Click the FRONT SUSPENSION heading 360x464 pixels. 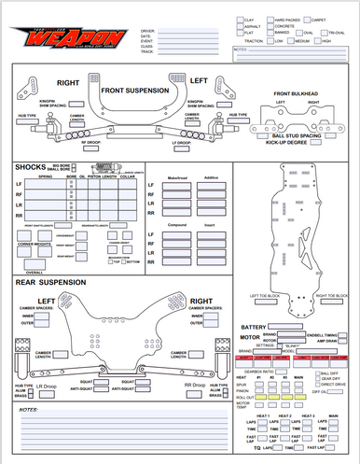pyautogui.click(x=134, y=90)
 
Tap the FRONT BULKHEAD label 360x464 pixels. pyautogui.click(x=298, y=94)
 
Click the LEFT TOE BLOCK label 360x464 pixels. pyautogui.click(x=266, y=296)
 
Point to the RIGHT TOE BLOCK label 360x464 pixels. pyautogui.click(x=330, y=296)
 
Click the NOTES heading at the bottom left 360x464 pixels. pyautogui.click(x=28, y=409)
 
